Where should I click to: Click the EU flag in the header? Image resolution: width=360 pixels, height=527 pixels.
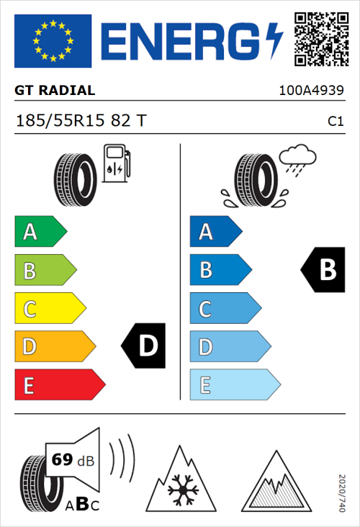click(53, 41)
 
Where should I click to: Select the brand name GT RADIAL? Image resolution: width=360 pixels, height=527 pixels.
click(55, 91)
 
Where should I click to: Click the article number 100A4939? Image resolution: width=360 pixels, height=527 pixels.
click(310, 91)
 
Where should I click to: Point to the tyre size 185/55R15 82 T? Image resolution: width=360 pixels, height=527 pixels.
click(81, 122)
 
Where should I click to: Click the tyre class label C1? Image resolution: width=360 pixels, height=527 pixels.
click(335, 122)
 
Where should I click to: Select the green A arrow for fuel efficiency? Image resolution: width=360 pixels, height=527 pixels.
click(40, 232)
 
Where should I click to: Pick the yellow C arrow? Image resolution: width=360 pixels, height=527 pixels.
click(49, 309)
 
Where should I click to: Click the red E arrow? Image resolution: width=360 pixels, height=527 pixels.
click(59, 385)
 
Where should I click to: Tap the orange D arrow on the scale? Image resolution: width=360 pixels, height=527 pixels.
click(54, 347)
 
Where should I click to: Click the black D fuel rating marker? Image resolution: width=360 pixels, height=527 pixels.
click(144, 346)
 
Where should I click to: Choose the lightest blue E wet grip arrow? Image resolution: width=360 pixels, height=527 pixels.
click(234, 385)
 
